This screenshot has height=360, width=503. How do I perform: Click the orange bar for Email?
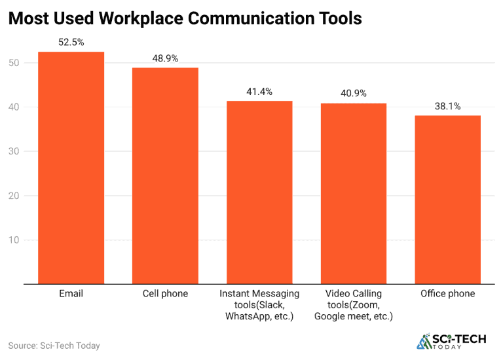(x=71, y=168)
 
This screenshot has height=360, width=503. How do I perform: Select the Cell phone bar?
(x=165, y=175)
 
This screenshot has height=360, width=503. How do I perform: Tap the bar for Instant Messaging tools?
(x=259, y=192)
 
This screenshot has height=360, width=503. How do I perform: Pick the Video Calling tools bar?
(x=354, y=193)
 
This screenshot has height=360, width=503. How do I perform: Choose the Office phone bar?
(x=448, y=200)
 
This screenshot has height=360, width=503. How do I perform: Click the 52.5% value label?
(x=71, y=42)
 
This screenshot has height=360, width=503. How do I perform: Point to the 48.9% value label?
(x=165, y=58)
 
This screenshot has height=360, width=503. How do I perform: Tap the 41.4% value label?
(x=259, y=91)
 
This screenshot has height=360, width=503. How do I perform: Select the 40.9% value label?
(x=354, y=93)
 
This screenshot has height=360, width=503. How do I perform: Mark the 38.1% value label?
(x=448, y=105)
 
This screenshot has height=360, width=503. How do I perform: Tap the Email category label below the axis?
(x=71, y=294)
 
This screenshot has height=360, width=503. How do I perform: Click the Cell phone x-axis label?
(x=165, y=294)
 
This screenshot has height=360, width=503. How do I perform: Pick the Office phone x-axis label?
(x=448, y=294)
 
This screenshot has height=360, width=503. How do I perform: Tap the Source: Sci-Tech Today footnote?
(x=54, y=345)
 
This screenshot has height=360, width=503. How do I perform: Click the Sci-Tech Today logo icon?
(x=424, y=341)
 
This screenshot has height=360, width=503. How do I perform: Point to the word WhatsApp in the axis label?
(x=246, y=316)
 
